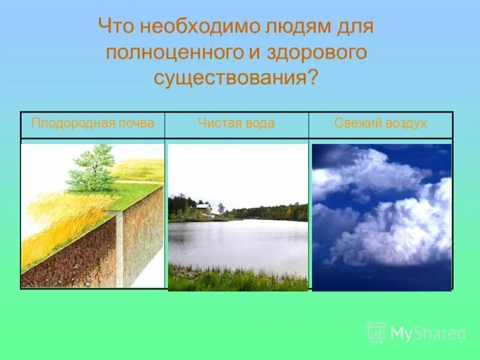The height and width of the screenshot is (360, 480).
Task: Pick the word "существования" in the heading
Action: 229,78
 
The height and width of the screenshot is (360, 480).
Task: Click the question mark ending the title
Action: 312,78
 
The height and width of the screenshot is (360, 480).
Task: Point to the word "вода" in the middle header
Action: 259,124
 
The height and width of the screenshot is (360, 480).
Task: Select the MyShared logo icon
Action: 376,332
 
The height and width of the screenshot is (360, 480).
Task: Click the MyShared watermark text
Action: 428,334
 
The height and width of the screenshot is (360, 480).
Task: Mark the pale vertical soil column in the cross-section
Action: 120,246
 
